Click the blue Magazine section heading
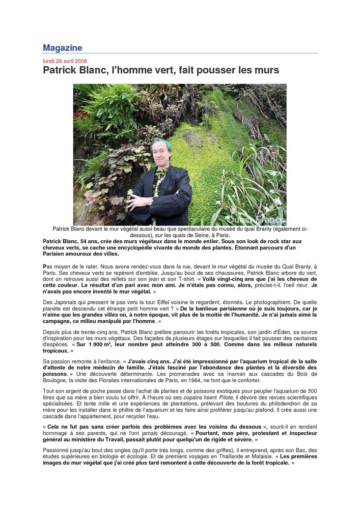pyautogui.click(x=62, y=48)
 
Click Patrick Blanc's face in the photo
pyautogui.click(x=161, y=154)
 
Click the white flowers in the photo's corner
pyautogui.click(x=272, y=204)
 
